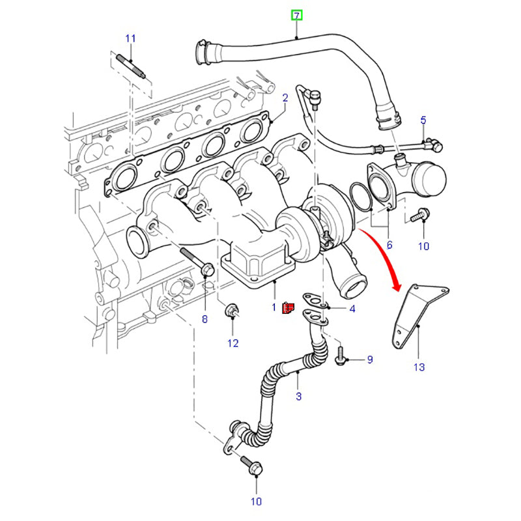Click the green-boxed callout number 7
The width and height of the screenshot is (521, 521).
[x=297, y=15]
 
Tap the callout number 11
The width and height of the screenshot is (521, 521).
[x=130, y=38]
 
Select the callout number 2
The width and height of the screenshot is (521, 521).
[x=285, y=98]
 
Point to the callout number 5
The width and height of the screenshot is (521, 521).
[x=423, y=120]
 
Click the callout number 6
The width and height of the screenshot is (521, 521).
[x=389, y=245]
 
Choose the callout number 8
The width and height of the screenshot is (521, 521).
[x=204, y=319]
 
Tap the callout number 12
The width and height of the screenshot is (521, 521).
[x=232, y=343]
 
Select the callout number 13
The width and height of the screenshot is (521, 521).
[x=419, y=367]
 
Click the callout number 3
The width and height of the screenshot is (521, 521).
[x=299, y=395]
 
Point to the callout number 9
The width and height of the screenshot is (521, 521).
[x=369, y=359]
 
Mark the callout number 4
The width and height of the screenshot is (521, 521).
[x=352, y=309]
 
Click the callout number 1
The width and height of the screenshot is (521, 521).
[x=274, y=306]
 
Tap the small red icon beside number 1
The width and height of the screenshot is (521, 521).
[x=289, y=307]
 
